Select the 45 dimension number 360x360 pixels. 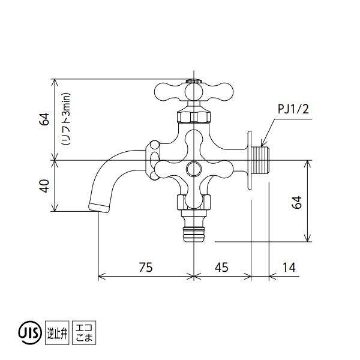point(221,267)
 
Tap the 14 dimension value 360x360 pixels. point(289,267)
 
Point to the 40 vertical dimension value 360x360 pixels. point(44,187)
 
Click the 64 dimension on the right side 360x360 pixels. point(297,202)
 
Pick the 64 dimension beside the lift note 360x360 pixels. point(44,119)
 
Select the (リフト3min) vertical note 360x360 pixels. point(65,119)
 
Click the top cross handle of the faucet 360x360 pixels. point(193,92)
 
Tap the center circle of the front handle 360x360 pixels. point(193,166)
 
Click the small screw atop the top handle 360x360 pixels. point(193,80)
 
